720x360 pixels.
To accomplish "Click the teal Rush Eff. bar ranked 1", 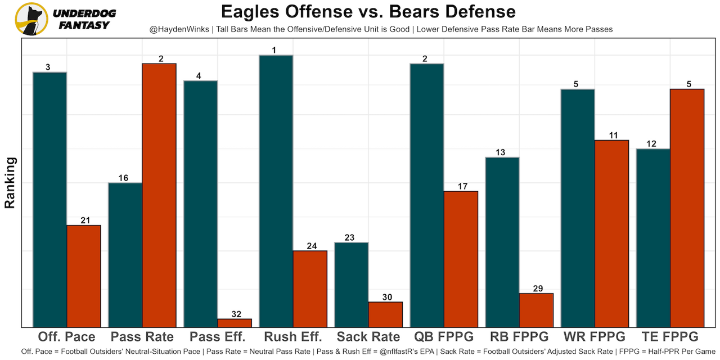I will tap(276, 191).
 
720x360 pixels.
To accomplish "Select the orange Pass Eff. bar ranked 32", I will tap(235, 323).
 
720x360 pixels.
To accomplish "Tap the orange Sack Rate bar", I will tap(385, 314).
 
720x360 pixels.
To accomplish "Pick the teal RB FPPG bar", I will tap(502, 242).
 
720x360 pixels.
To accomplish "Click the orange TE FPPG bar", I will tap(687, 208).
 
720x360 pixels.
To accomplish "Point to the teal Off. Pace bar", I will tap(49, 199).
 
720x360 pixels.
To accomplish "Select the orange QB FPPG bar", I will tap(461, 259).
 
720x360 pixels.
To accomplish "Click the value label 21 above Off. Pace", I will tap(84, 220).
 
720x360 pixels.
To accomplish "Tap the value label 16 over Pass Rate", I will tap(124, 178).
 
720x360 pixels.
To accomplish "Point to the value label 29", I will tap(537, 289).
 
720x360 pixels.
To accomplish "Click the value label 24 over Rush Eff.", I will tap(310, 246).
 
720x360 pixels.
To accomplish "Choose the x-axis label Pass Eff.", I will tap(218, 337).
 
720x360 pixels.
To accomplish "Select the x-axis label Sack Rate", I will tap(368, 337).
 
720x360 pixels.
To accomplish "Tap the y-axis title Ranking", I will tap(10, 183).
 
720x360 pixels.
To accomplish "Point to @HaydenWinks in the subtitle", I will tap(179, 29).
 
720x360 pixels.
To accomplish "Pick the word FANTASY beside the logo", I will tap(84, 25).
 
